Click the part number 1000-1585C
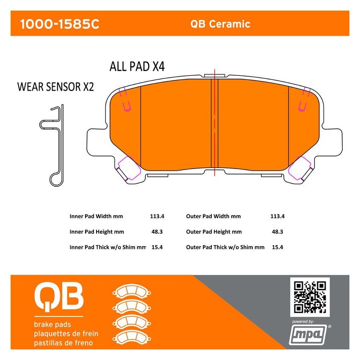point(60,24)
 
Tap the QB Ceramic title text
point(220,24)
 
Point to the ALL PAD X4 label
point(137,67)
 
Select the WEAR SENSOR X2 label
point(55,87)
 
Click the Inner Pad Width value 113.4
point(157,216)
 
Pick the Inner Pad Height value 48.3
point(157,232)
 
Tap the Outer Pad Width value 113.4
point(277,216)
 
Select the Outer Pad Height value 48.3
point(277,232)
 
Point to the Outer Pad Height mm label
point(214,232)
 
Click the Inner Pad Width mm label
point(96,216)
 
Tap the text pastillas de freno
point(63,342)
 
